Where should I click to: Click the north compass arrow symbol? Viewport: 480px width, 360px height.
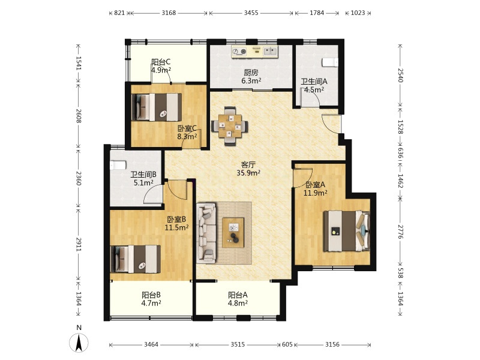coord(79,343)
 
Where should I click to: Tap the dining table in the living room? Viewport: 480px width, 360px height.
coord(230,125)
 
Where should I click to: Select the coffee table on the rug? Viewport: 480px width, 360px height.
coord(233,232)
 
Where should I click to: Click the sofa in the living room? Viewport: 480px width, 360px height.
coord(206,233)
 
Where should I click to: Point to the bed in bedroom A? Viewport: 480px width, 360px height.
coord(347,230)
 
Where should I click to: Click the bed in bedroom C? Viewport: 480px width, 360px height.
coord(156,107)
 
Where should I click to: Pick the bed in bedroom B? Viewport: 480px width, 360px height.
coord(136,259)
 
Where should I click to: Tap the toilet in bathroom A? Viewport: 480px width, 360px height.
coord(330,62)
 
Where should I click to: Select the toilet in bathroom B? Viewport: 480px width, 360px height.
coord(118,165)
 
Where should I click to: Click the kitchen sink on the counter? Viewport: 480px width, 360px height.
coord(270,51)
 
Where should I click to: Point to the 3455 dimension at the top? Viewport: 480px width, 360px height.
coord(251,13)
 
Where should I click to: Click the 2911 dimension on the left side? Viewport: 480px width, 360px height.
coord(79,245)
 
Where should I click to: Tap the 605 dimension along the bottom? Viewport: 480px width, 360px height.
coord(287,344)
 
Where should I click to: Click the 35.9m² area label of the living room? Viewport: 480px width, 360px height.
coord(248,173)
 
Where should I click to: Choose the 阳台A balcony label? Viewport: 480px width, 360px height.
coord(238,295)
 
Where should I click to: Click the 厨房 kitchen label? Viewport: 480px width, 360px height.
coord(251,73)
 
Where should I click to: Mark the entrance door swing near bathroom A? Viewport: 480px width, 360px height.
coord(331,124)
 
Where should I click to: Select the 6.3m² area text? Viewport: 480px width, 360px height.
coord(251,81)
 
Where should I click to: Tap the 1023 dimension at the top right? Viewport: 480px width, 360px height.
coord(358,13)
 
